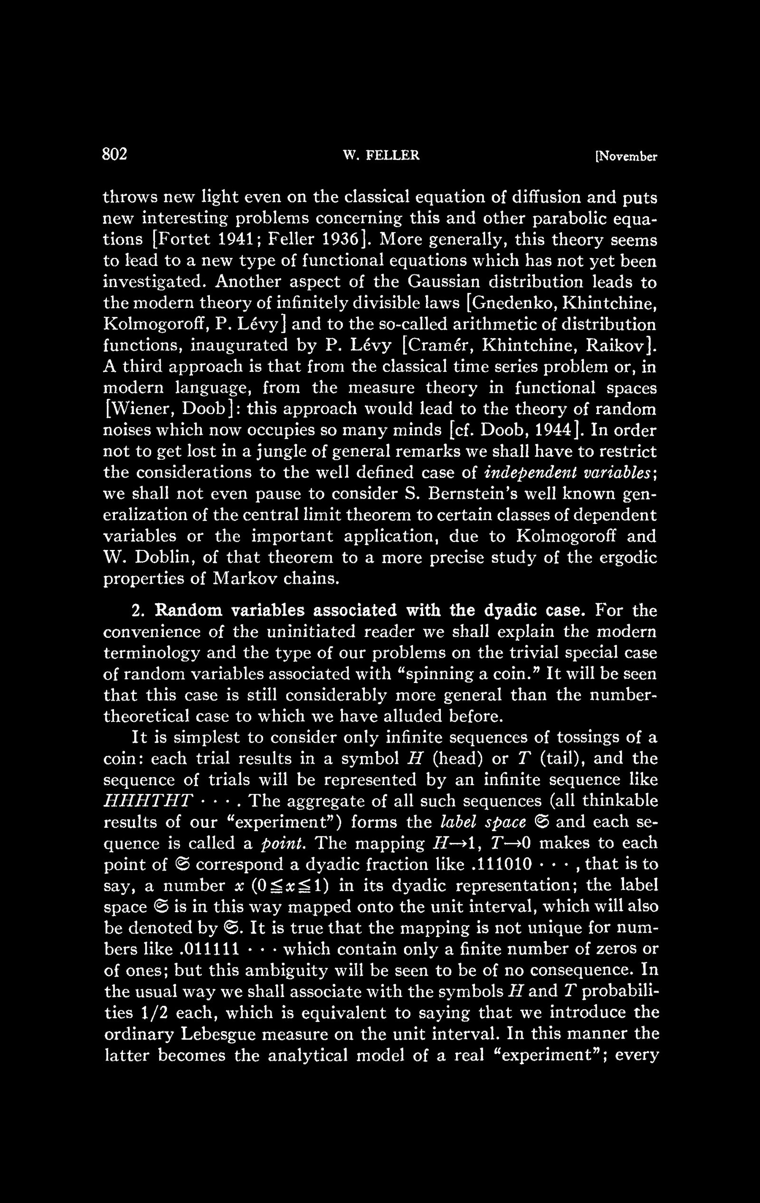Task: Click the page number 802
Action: pyautogui.click(x=115, y=154)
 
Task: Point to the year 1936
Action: pyautogui.click(x=343, y=240)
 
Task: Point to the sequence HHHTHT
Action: pyautogui.click(x=147, y=801)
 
